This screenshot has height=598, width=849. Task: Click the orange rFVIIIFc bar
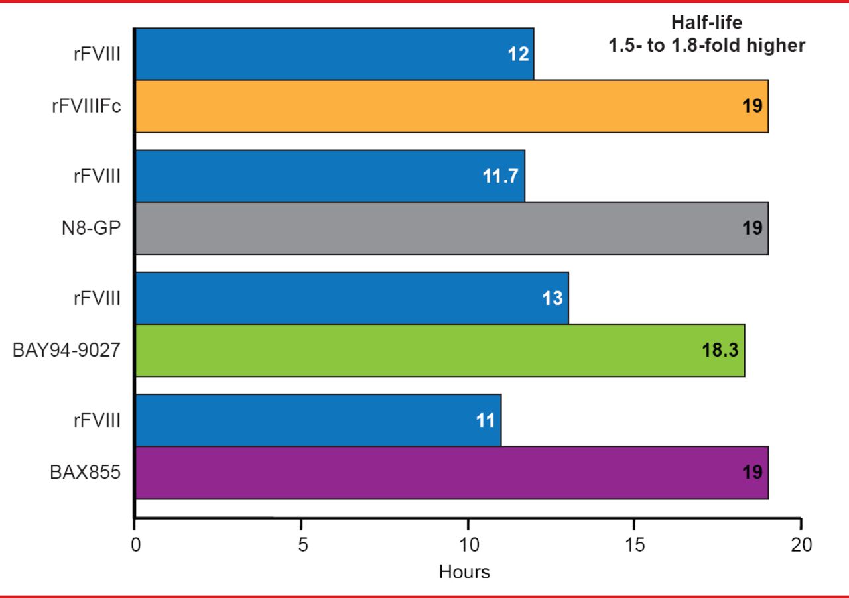451,106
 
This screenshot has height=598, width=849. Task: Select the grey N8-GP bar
451,228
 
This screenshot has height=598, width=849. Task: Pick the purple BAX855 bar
451,472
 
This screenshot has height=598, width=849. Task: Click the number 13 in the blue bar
553,298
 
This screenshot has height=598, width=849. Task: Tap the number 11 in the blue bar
486,420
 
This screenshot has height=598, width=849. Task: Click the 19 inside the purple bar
752,472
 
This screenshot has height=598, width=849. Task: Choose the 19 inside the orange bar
752,106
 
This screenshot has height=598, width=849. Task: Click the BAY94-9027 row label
66,350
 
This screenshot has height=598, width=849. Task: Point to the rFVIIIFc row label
86,106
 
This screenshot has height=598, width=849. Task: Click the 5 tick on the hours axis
302,545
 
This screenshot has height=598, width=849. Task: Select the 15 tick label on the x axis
635,545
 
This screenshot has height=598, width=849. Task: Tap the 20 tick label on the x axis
801,545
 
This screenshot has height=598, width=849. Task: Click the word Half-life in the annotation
706,23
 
